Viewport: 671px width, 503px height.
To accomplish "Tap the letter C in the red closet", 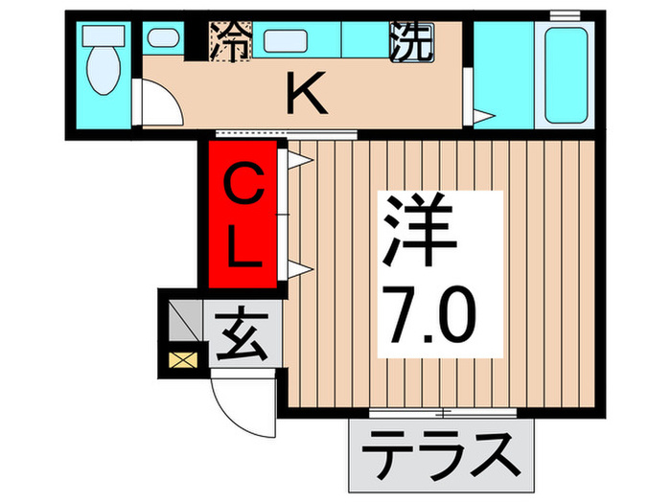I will click(x=243, y=183).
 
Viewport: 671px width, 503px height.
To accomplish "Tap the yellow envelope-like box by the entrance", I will click(x=180, y=362).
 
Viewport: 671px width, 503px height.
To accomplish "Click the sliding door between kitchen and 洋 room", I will click(x=287, y=132).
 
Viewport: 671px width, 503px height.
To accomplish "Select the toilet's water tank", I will click(x=98, y=36).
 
